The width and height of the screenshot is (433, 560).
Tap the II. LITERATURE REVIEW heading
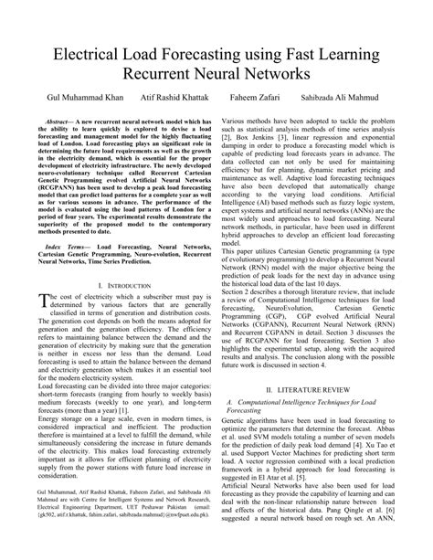pos(321,388)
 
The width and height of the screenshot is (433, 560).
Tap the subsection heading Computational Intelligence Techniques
pos(315,401)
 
